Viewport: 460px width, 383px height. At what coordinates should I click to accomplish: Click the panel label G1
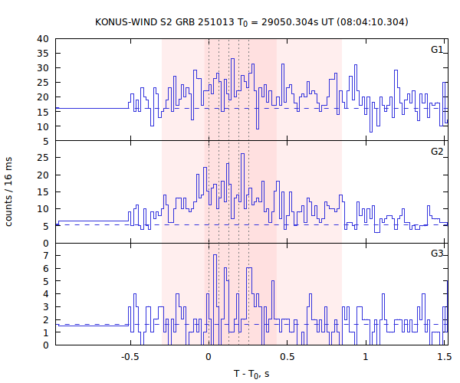tap(437, 50)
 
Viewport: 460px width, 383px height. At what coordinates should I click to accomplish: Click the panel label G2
tap(437, 152)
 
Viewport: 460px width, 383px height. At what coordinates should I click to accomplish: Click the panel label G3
tap(437, 254)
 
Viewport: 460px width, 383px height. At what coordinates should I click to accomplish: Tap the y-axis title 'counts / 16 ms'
tap(9, 191)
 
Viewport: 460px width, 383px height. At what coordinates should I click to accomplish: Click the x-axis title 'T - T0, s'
tap(251, 373)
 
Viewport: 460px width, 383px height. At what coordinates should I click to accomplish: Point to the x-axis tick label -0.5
tap(130, 356)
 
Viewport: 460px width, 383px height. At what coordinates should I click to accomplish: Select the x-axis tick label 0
tap(209, 356)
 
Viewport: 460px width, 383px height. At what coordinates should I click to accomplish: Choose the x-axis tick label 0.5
tap(287, 356)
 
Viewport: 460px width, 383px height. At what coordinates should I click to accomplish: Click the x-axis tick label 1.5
tap(444, 356)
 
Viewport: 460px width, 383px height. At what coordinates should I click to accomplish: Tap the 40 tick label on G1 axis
tap(43, 39)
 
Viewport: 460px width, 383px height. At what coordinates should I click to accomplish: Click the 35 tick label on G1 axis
tap(43, 54)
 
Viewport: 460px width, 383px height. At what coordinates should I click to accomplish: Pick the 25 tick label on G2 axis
tap(43, 158)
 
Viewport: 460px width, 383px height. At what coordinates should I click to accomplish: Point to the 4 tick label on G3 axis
tap(46, 293)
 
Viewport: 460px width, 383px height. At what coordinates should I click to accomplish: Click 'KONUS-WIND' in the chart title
tap(125, 21)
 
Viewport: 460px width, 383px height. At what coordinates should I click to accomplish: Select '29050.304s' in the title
tap(286, 21)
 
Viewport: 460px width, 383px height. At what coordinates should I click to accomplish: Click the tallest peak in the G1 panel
tap(232, 59)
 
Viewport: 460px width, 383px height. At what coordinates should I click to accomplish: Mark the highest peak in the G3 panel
tap(215, 255)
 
